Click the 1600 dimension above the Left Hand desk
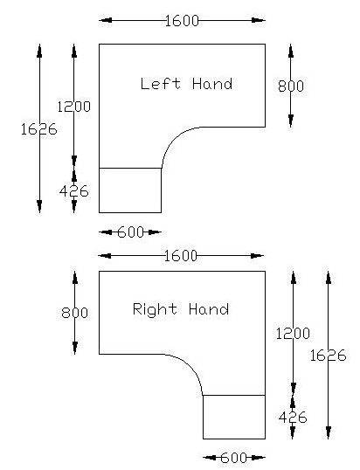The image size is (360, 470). [x=182, y=21]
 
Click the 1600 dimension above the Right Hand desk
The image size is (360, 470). [x=181, y=256]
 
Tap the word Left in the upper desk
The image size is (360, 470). [x=161, y=83]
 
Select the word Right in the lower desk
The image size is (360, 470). [x=155, y=309]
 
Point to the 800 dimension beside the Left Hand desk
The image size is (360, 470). [x=291, y=86]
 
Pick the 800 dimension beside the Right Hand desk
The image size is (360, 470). [x=74, y=313]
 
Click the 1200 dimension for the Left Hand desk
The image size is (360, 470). [x=73, y=107]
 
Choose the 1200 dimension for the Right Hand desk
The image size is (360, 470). [x=293, y=334]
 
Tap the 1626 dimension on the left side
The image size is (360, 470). [x=39, y=129]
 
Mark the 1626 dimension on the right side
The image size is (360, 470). [x=328, y=356]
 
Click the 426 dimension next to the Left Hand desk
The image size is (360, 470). [x=74, y=191]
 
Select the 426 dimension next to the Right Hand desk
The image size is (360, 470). [x=293, y=417]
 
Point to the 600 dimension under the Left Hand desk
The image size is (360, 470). [x=131, y=232]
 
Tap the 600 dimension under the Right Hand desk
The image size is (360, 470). [x=234, y=458]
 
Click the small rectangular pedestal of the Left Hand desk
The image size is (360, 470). [x=130, y=190]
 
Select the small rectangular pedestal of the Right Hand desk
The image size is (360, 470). [x=234, y=417]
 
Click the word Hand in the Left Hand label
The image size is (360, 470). [x=212, y=83]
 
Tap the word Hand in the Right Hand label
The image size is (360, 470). [x=209, y=309]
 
